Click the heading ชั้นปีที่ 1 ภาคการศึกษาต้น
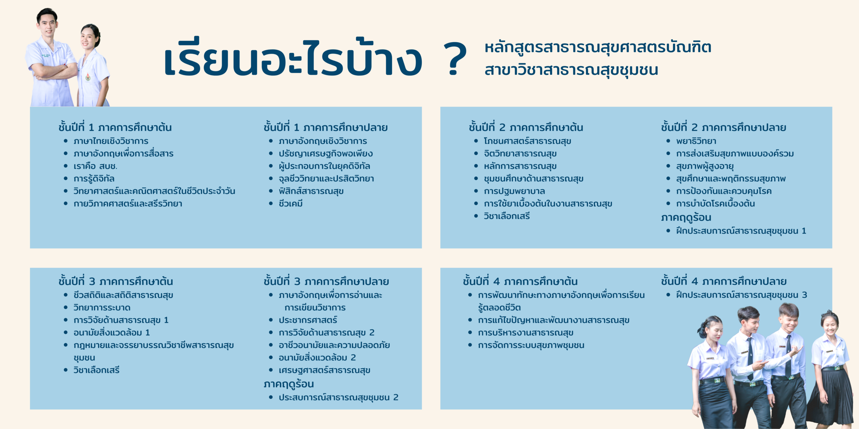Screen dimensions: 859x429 (115, 127)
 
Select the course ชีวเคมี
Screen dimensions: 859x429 (291, 203)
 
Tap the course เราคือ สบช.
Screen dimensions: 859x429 (95, 166)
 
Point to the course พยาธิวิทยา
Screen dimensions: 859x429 (696, 141)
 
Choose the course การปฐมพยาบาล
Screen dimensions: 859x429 (514, 191)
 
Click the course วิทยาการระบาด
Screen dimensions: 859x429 (102, 307)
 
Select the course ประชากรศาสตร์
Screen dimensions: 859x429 (308, 320)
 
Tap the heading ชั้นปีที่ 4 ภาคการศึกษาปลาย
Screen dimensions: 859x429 (724, 281)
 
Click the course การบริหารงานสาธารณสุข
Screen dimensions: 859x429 (526, 333)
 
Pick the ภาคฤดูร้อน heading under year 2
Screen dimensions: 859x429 (686, 218)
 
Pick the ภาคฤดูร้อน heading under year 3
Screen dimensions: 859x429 (289, 384)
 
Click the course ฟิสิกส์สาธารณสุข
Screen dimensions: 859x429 (311, 191)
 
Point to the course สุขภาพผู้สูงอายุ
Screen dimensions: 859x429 (705, 166)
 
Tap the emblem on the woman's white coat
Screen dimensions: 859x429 (88, 77)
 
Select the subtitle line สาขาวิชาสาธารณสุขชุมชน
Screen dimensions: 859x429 (571, 70)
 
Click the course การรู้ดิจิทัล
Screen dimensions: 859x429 (94, 178)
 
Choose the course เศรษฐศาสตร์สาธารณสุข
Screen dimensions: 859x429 (324, 370)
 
